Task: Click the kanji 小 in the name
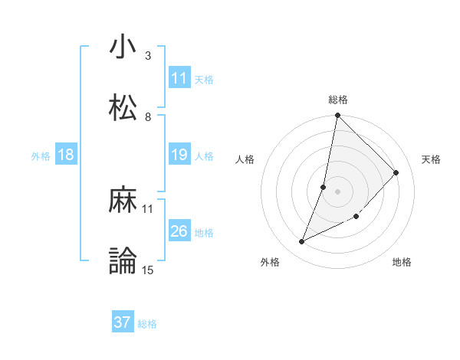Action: pyautogui.click(x=123, y=47)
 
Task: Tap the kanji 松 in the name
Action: pyautogui.click(x=123, y=108)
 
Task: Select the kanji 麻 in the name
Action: pyautogui.click(x=123, y=200)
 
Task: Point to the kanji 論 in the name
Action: pyautogui.click(x=123, y=261)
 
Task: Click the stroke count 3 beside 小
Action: pyautogui.click(x=147, y=56)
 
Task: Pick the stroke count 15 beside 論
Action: pyautogui.click(x=148, y=270)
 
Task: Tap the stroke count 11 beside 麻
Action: pyautogui.click(x=148, y=208)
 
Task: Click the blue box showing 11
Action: pyautogui.click(x=179, y=78)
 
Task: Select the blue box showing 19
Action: pyautogui.click(x=179, y=155)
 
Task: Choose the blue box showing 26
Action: pyautogui.click(x=179, y=232)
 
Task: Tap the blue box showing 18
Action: pyautogui.click(x=66, y=155)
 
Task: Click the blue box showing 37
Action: pyautogui.click(x=123, y=322)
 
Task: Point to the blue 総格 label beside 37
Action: pyautogui.click(x=147, y=324)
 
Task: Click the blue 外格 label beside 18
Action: pyautogui.click(x=41, y=156)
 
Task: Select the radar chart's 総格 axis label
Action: pyautogui.click(x=338, y=100)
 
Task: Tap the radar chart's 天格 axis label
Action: pyautogui.click(x=432, y=159)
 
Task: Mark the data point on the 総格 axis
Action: pyautogui.click(x=337, y=116)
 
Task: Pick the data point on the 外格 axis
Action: pyautogui.click(x=302, y=242)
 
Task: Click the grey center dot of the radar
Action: pyautogui.click(x=337, y=191)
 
